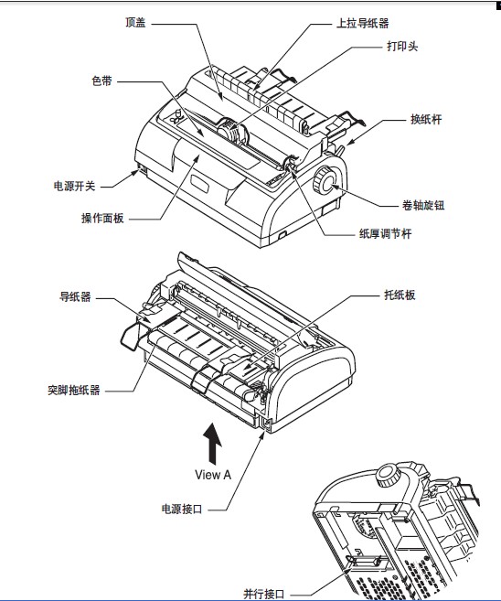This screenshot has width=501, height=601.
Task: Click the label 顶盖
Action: pos(135,23)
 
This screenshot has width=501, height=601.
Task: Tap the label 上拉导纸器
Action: pos(362,24)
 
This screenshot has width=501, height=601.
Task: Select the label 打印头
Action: pos(402,47)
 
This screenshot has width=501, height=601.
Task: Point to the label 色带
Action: pos(101,80)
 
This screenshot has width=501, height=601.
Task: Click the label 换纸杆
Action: pos(426,119)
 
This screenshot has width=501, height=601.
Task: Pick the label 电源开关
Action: pos(74,187)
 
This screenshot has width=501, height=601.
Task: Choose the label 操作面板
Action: pos(102,218)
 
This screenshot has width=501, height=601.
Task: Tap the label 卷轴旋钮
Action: pos(423,206)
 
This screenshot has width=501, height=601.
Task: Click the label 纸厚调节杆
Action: pos(385,233)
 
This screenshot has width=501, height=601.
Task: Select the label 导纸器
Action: pos(75,296)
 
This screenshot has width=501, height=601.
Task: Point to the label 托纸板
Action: pos(400,295)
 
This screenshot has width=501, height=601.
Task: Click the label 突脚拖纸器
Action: pos(74,391)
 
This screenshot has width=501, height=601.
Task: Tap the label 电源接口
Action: pos(182,509)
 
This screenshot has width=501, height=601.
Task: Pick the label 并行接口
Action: pos(264,594)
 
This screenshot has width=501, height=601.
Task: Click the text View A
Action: pos(213,475)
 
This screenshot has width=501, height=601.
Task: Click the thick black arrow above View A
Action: pos(212,444)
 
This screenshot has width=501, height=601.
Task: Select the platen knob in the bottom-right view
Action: pos(389,476)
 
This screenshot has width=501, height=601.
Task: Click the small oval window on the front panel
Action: pos(199,183)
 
